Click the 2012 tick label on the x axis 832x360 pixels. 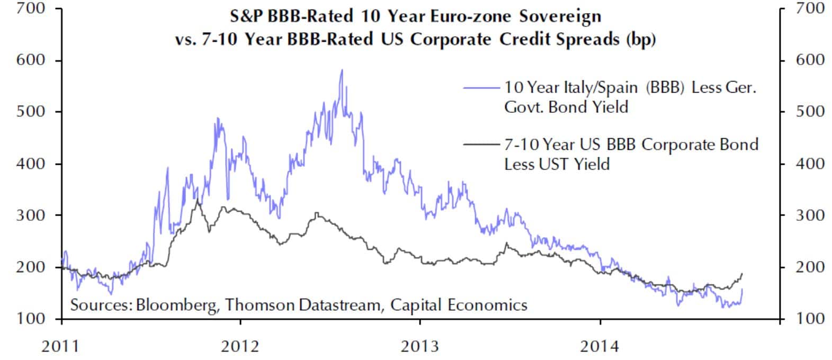click(x=240, y=347)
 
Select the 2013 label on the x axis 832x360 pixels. click(x=420, y=347)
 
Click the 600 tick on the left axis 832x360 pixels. click(x=32, y=60)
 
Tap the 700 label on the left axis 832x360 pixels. click(x=32, y=9)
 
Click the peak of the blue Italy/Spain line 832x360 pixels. click(x=342, y=70)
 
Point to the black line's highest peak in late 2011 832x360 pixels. click(x=198, y=200)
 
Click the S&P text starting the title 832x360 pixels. click(x=246, y=16)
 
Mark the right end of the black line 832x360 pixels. click(x=742, y=274)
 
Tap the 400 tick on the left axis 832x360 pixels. click(x=32, y=164)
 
